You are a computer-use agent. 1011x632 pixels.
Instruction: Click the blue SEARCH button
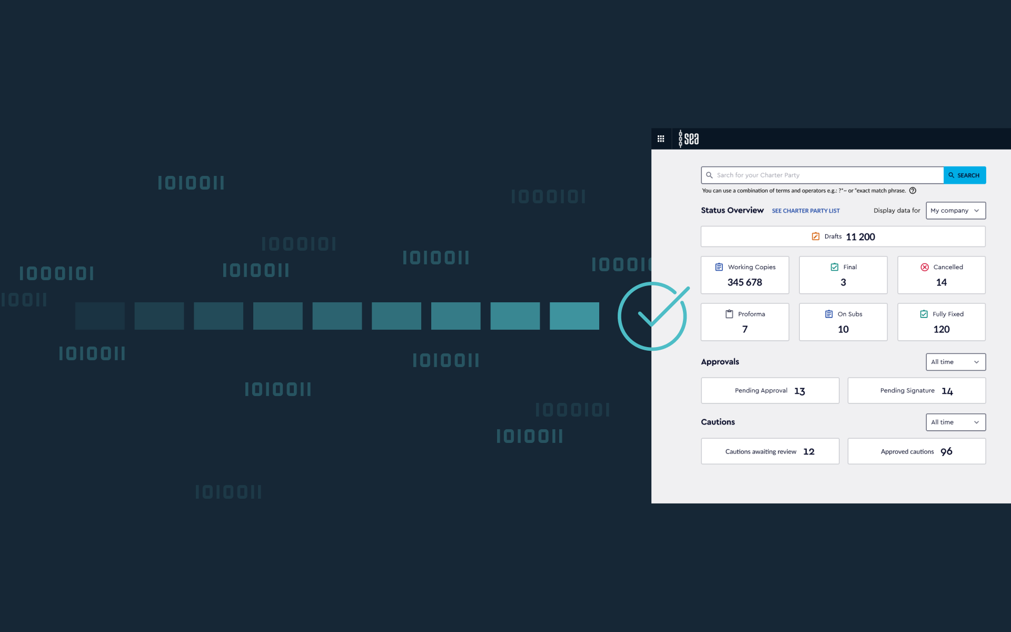coord(964,175)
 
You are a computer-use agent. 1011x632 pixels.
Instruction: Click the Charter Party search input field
coord(822,175)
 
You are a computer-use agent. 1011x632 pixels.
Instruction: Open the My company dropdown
coord(955,211)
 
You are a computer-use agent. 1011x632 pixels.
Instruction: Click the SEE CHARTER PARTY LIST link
coord(806,211)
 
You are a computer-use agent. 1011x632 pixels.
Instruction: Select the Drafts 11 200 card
coord(843,236)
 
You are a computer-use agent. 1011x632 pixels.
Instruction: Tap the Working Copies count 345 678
coord(745,282)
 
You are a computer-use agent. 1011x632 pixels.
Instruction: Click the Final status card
coord(843,275)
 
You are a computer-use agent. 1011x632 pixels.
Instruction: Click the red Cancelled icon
coord(925,267)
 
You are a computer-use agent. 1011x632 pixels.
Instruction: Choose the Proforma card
coord(745,322)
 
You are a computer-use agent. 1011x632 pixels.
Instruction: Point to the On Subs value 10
coord(843,329)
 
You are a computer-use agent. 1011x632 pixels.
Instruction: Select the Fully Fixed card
coord(941,322)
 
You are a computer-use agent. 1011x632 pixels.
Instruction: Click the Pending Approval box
coord(770,391)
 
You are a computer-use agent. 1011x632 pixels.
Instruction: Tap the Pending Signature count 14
coord(947,391)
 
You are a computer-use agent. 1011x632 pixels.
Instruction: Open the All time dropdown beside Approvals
coord(955,362)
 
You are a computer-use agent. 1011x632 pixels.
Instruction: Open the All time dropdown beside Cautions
coord(955,422)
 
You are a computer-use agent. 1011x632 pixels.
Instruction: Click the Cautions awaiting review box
coord(770,451)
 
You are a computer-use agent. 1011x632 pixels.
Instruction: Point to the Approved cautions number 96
coord(946,451)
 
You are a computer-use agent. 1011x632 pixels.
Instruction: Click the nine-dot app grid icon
coord(661,139)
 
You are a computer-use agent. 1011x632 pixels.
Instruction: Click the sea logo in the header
coord(689,139)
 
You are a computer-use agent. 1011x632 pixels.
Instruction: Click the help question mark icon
coord(913,191)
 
